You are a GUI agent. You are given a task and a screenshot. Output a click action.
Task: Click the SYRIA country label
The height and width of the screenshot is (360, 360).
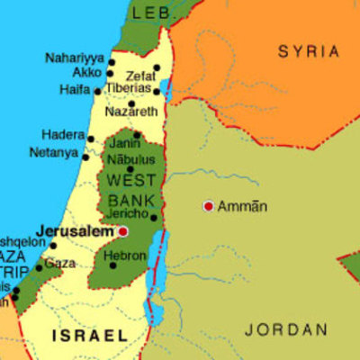[x=309, y=51]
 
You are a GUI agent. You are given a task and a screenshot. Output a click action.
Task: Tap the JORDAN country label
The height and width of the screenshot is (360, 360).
[x=287, y=329]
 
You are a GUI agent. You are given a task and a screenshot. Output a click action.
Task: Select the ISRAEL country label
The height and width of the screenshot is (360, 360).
[x=90, y=336]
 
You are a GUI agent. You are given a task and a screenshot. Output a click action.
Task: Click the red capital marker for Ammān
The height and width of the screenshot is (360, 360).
[x=208, y=206]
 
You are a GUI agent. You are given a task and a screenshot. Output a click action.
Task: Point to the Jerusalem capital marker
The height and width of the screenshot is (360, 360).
[x=123, y=231]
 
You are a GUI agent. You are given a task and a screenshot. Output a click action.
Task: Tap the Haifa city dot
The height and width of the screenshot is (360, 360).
[x=97, y=91]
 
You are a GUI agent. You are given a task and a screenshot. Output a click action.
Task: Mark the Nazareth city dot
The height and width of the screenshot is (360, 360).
[x=130, y=103]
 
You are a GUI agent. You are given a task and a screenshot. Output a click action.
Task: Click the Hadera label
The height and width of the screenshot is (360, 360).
[x=63, y=135]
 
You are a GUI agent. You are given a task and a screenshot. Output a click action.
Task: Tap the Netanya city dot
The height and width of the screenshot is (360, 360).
[x=85, y=157]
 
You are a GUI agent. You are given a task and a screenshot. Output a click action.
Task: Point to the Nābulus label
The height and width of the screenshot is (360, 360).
[x=131, y=158]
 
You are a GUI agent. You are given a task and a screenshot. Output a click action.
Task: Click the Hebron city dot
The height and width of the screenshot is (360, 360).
[x=112, y=265]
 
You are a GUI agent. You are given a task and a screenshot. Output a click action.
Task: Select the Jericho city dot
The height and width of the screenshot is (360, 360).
[x=153, y=217]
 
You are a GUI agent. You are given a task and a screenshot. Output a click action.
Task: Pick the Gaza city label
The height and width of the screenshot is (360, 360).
[x=60, y=263]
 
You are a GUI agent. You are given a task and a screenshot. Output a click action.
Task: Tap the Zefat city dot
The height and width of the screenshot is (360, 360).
[x=157, y=67]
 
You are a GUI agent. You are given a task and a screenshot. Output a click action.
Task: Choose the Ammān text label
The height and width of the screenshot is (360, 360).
[x=243, y=206]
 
